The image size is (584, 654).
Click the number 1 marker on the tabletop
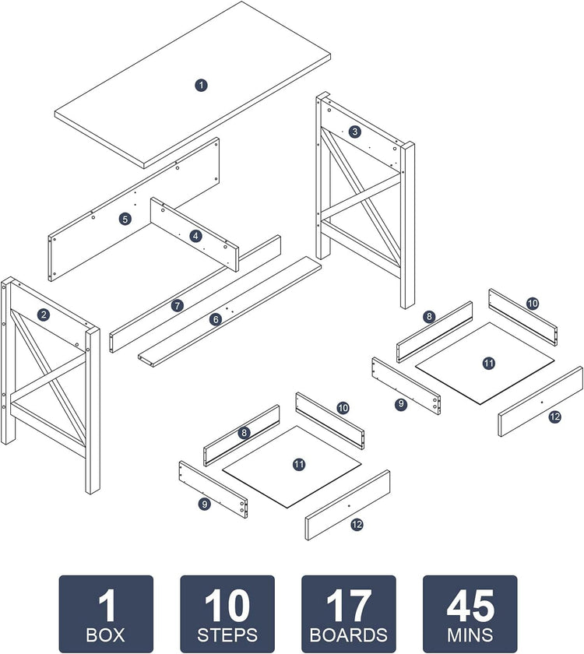[x=201, y=84]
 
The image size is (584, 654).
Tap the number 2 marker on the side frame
[x=44, y=315]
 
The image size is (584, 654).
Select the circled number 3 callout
[x=355, y=132]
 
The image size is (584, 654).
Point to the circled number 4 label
[x=195, y=235]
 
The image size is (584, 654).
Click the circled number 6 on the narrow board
[x=216, y=318]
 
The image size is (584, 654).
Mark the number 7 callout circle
[x=178, y=306]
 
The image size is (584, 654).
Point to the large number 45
[x=470, y=605]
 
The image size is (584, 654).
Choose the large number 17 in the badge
[x=348, y=605]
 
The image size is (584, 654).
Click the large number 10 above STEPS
[x=227, y=605]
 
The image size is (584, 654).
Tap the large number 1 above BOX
[x=106, y=605]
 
